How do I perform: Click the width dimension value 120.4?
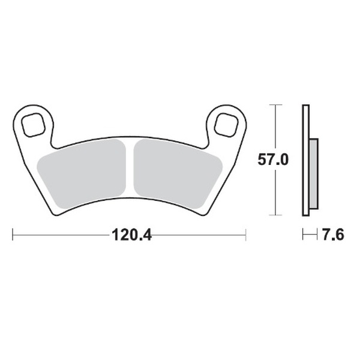pyautogui.click(x=130, y=235)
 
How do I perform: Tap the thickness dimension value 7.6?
pyautogui.click(x=332, y=235)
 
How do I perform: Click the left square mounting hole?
pyautogui.click(x=32, y=124)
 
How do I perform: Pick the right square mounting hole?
pyautogui.click(x=227, y=124)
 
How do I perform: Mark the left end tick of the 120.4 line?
pyautogui.click(x=13, y=235)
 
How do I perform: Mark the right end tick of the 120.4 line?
pyautogui.click(x=245, y=235)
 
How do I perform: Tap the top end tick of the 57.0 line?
pyautogui.click(x=275, y=105)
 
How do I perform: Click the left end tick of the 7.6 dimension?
pyautogui.click(x=303, y=235)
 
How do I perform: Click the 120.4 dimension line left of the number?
pyautogui.click(x=60, y=235)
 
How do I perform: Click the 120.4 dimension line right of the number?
pyautogui.click(x=198, y=235)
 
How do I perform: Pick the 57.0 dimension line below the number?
pyautogui.click(x=275, y=192)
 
